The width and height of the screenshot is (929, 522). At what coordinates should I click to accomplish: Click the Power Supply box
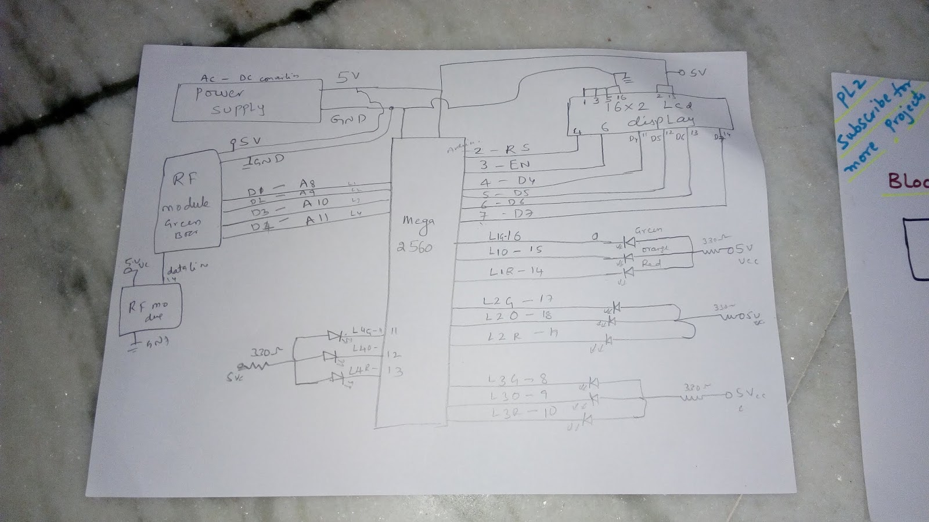click(x=249, y=101)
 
